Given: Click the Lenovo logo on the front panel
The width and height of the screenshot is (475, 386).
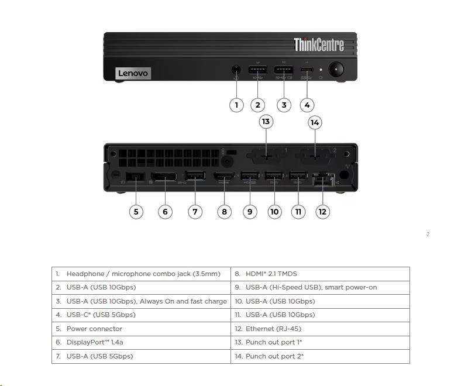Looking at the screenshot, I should [x=133, y=73].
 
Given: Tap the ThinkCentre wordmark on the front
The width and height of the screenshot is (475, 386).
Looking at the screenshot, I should [x=318, y=44].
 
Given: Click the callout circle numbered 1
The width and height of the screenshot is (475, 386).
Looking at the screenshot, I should [x=236, y=105].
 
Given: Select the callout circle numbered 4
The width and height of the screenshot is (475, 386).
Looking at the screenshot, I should [x=307, y=105].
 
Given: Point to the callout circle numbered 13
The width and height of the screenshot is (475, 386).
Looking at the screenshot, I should [x=266, y=122].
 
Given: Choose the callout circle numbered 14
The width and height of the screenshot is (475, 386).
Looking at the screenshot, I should [x=315, y=122].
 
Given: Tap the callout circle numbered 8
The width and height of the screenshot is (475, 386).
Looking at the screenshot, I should [x=225, y=211].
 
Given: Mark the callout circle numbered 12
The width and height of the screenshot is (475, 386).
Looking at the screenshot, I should [x=322, y=211].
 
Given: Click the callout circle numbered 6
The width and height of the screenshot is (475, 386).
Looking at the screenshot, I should [x=165, y=211].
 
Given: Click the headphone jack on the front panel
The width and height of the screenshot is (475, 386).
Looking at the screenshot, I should [x=236, y=70].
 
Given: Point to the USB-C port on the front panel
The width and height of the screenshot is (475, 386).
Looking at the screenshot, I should [x=307, y=70].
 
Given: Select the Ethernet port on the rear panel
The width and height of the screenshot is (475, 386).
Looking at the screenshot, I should [x=322, y=178].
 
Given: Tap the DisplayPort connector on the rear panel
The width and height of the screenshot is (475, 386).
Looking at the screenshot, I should [x=164, y=177].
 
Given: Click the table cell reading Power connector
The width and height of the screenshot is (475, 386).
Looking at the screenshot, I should [x=141, y=329].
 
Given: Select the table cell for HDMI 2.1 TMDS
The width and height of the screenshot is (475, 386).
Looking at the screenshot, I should [x=320, y=274].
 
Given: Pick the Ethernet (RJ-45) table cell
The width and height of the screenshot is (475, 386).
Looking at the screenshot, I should [x=320, y=329].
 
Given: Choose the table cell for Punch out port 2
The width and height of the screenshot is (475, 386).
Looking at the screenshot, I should [x=320, y=356].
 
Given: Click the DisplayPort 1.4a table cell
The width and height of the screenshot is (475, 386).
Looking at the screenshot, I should [x=141, y=343].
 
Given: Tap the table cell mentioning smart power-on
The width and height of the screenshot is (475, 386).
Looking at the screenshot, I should [x=320, y=288].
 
